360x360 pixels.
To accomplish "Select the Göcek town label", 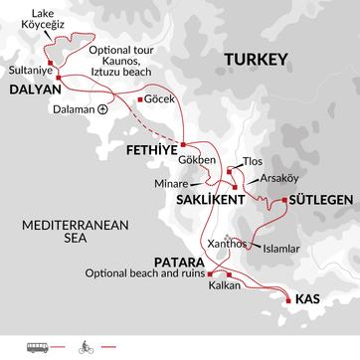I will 159,100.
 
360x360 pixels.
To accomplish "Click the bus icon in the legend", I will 24,347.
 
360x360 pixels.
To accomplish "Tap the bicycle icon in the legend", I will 82,347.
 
